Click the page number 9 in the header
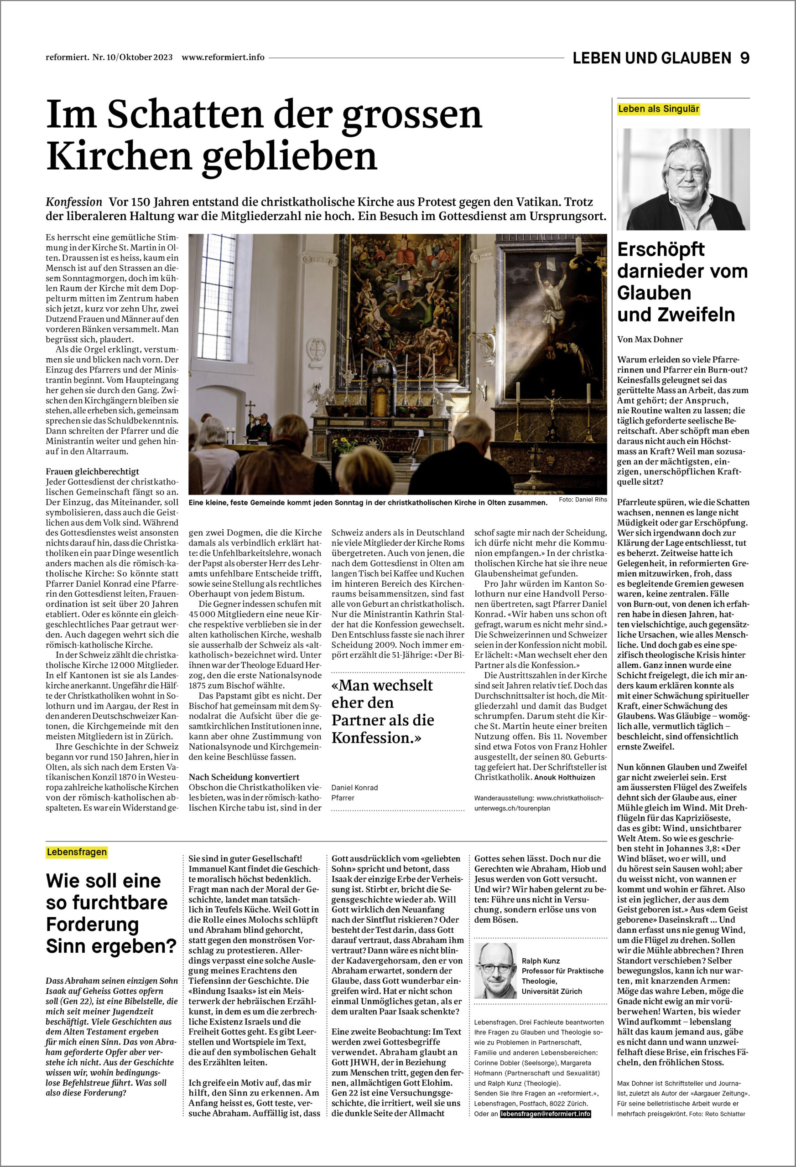click(744, 58)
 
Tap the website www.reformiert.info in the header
click(223, 57)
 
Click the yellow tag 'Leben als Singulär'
click(658, 109)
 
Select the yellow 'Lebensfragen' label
click(77, 852)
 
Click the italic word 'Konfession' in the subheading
click(74, 202)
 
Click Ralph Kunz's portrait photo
click(495, 971)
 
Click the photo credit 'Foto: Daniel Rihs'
click(583, 500)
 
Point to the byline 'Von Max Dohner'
click(650, 340)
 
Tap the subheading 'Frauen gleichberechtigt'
click(93, 471)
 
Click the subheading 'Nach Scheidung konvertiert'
click(244, 777)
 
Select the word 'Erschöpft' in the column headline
click(661, 249)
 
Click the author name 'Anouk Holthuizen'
click(564, 777)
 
